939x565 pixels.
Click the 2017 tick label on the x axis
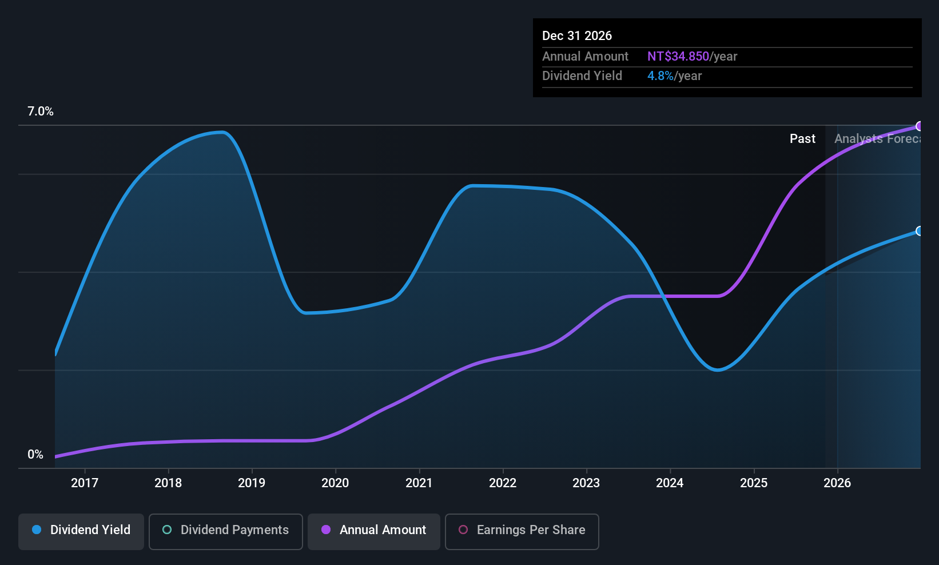(x=85, y=483)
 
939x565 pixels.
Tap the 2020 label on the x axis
(x=335, y=483)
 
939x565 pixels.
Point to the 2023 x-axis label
(x=586, y=483)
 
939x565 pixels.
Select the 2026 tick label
(x=837, y=483)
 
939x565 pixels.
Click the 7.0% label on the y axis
(x=41, y=112)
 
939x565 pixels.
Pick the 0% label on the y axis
(x=35, y=455)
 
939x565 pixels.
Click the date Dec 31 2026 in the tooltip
(x=577, y=36)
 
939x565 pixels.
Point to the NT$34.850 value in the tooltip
(x=678, y=57)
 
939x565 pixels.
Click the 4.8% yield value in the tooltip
(x=661, y=76)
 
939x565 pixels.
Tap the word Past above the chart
(x=802, y=139)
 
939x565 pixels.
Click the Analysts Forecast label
(x=877, y=139)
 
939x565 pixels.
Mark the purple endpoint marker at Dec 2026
(x=919, y=126)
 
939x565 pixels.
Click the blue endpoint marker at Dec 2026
(x=919, y=231)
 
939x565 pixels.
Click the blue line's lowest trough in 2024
(x=718, y=370)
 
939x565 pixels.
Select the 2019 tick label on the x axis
(x=252, y=483)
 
